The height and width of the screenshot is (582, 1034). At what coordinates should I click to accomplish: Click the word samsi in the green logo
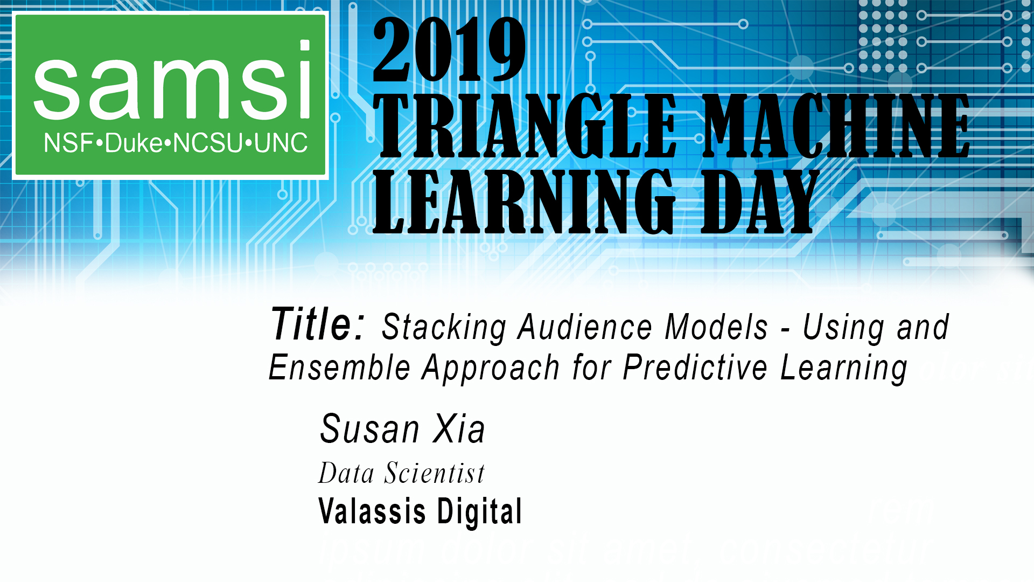pos(171,84)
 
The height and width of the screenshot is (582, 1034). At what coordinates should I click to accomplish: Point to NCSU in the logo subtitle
pos(207,143)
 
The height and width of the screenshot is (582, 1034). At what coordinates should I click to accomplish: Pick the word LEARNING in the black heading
pos(523,202)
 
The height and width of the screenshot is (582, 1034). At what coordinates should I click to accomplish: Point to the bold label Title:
pos(318,324)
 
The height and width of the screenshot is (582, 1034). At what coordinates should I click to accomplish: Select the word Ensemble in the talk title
pos(339,368)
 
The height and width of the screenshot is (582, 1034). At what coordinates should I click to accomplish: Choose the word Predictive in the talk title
pos(695,368)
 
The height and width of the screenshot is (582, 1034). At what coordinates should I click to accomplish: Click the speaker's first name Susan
pos(369,429)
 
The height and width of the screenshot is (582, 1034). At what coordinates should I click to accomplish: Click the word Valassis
pos(372,511)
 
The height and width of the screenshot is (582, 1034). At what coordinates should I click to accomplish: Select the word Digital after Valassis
pos(479,511)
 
